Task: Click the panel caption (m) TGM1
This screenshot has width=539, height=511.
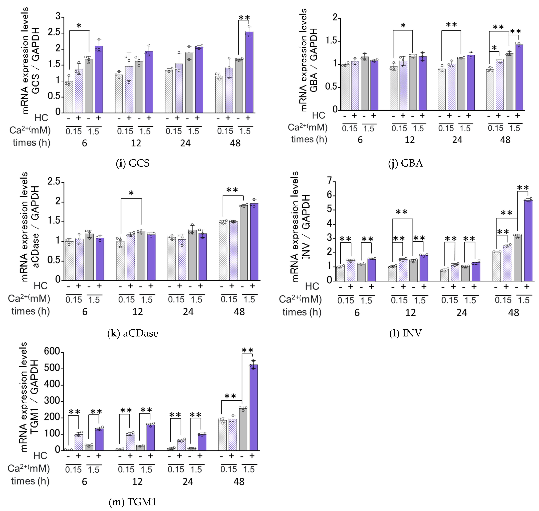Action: [x=133, y=502]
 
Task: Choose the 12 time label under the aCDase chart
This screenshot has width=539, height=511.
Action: [x=138, y=312]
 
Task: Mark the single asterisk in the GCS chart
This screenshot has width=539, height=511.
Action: [x=79, y=26]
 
